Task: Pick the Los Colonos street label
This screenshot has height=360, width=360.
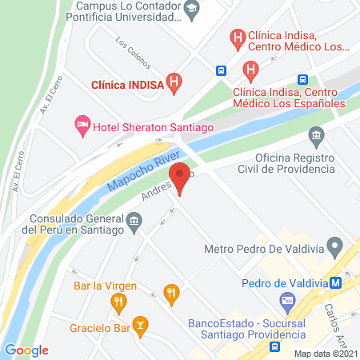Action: [134, 50]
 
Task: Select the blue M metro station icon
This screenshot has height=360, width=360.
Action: [338, 282]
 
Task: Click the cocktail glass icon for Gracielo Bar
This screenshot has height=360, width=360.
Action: [141, 325]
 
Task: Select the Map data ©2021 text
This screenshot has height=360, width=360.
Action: [325, 354]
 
